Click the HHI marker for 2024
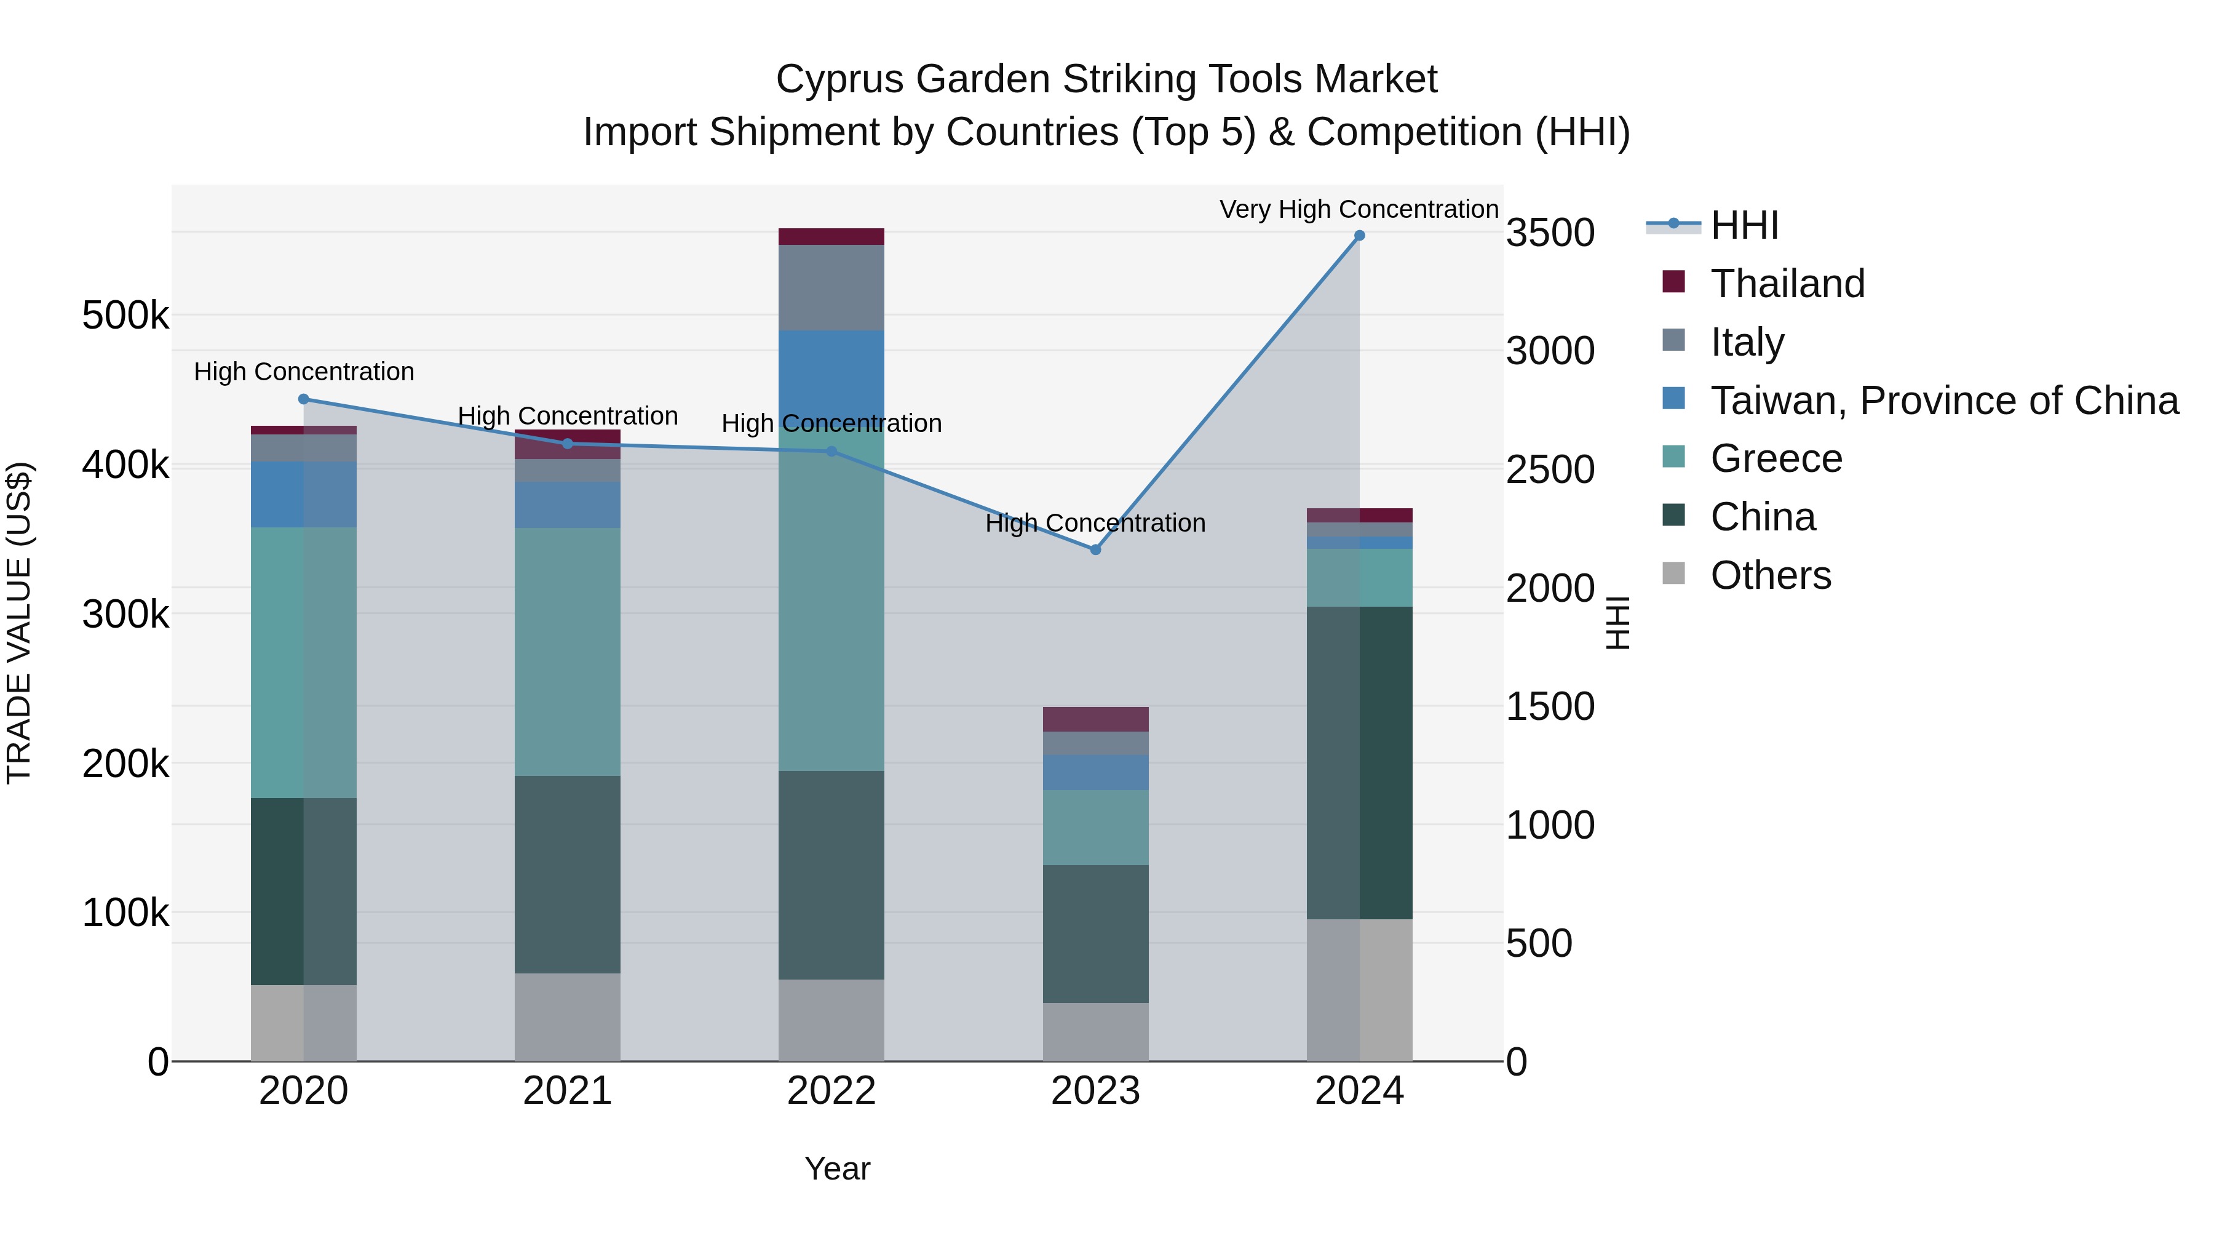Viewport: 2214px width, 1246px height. point(1359,236)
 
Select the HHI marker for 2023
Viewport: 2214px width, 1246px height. point(1095,549)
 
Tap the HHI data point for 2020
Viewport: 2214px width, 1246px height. point(303,399)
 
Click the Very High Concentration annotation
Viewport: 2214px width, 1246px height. point(1358,209)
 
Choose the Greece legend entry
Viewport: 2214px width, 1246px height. point(1776,458)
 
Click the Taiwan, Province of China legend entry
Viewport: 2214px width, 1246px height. point(1944,401)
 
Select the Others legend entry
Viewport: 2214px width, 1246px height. point(1771,575)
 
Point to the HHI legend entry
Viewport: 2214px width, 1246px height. point(1744,225)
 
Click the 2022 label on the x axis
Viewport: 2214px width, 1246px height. point(831,1091)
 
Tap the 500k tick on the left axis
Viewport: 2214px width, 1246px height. point(125,316)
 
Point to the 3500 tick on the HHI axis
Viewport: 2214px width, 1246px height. point(1550,233)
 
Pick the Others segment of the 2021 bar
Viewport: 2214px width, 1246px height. point(567,1016)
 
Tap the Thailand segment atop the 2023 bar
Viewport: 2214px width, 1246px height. point(1095,719)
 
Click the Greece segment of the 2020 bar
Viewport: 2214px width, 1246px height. point(303,662)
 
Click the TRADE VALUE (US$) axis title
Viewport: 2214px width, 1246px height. point(19,623)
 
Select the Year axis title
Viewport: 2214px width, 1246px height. point(837,1168)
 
